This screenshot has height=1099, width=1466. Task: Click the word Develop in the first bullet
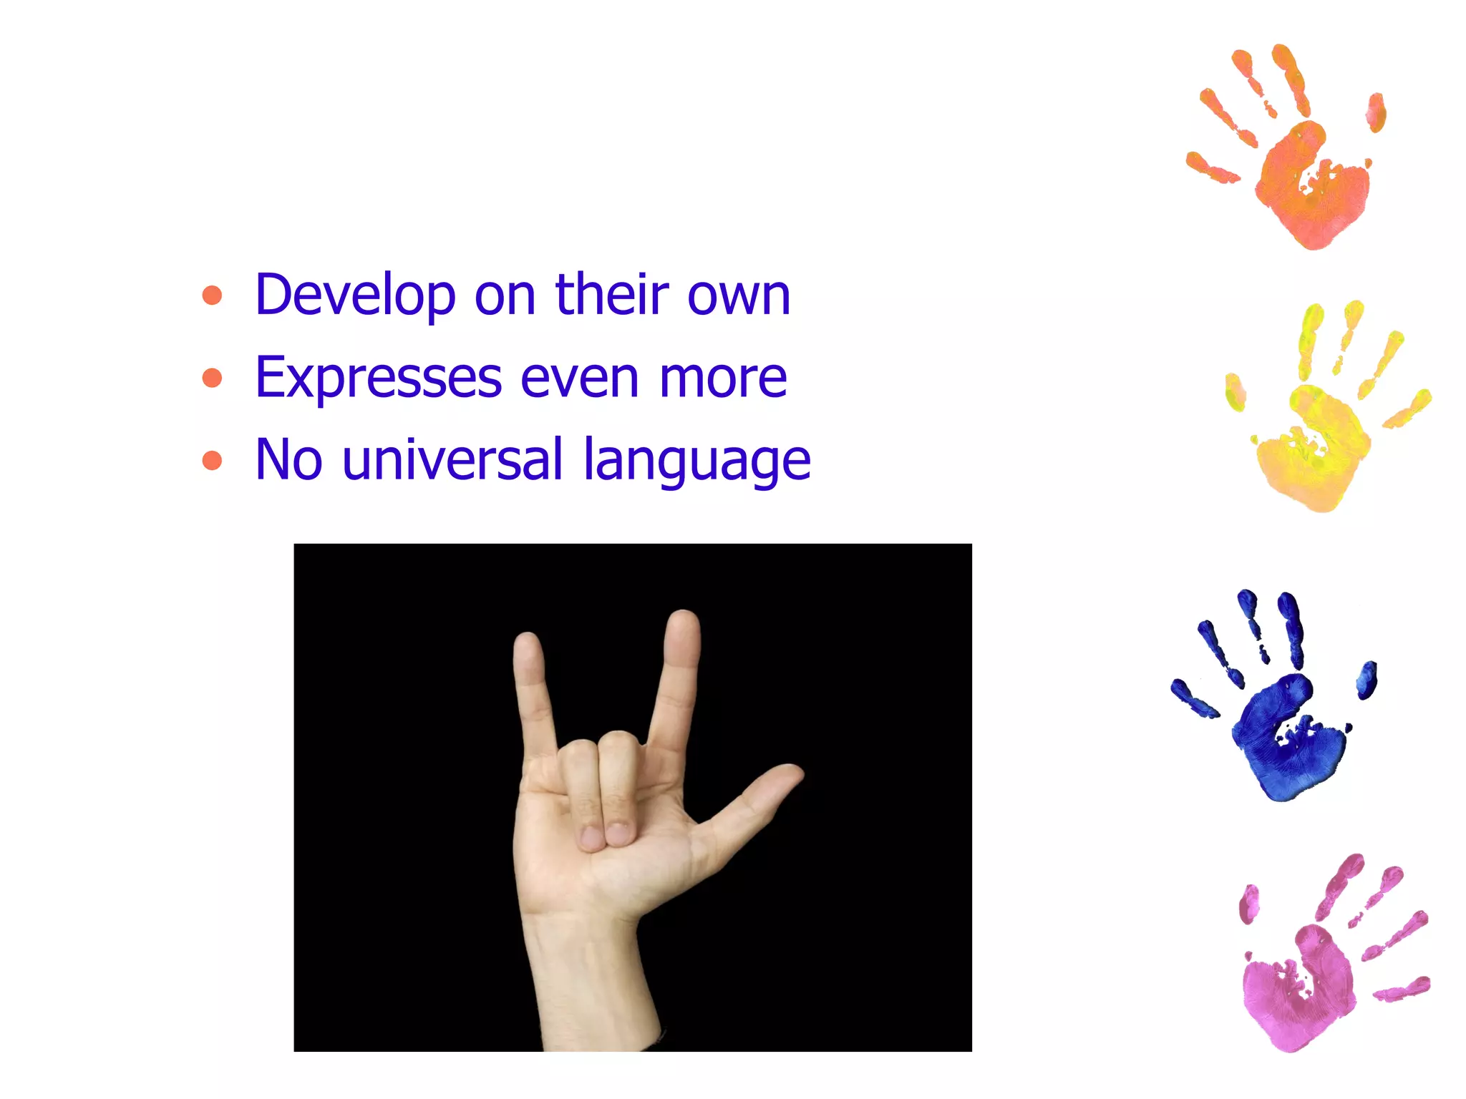355,295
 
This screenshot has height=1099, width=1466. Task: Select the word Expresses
378,378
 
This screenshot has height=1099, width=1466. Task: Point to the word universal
452,460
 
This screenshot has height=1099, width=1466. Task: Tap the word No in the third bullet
288,460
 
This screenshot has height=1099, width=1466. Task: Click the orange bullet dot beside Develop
212,295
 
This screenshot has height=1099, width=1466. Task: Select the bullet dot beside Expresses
212,378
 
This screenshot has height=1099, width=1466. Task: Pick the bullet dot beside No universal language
212,460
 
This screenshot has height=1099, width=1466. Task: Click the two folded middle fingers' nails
604,836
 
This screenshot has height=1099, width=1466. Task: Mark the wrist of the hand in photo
587,952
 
